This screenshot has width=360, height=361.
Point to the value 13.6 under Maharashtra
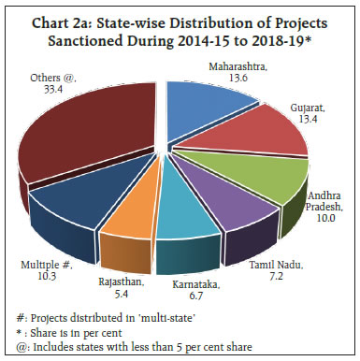coord(244,79)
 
